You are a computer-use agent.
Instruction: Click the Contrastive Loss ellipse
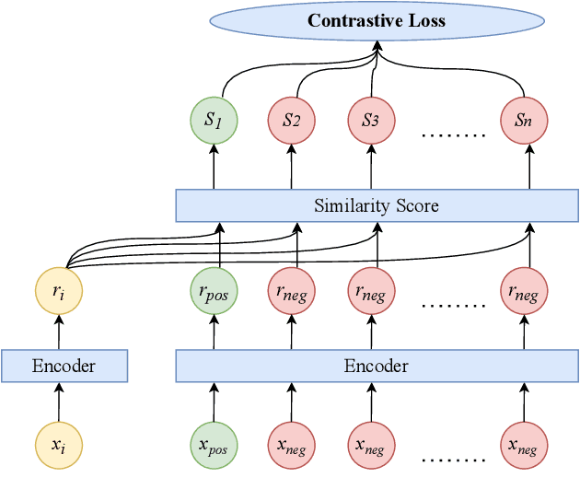pyautogui.click(x=376, y=21)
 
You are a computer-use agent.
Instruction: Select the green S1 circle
pyautogui.click(x=214, y=120)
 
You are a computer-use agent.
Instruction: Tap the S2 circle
pyautogui.click(x=292, y=120)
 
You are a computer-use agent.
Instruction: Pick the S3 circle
pyautogui.click(x=371, y=120)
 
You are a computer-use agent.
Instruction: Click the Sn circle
pyautogui.click(x=525, y=120)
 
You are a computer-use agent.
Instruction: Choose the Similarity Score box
pyautogui.click(x=377, y=205)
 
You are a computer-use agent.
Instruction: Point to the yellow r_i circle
pyautogui.click(x=59, y=293)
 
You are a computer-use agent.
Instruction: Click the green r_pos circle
pyautogui.click(x=214, y=293)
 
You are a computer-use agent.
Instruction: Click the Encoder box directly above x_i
pyautogui.click(x=64, y=366)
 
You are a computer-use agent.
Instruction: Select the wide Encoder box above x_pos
pyautogui.click(x=377, y=366)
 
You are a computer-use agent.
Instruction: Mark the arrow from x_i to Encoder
pyautogui.click(x=59, y=403)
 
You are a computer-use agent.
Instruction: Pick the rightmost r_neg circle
pyautogui.click(x=525, y=293)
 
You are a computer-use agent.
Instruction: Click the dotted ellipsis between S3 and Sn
pyautogui.click(x=452, y=134)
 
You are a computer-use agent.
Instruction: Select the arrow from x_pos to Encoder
pyautogui.click(x=214, y=403)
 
